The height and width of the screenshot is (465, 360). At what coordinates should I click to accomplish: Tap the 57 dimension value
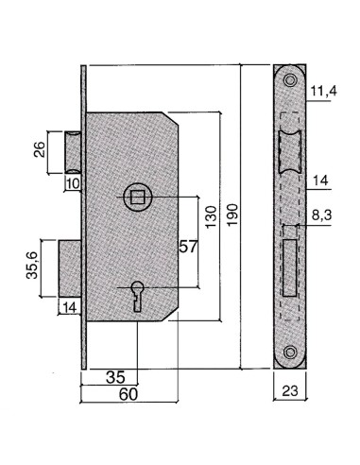[187, 247]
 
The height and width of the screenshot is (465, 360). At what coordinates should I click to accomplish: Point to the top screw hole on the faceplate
[290, 81]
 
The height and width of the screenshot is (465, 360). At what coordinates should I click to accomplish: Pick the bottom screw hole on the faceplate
[290, 353]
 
